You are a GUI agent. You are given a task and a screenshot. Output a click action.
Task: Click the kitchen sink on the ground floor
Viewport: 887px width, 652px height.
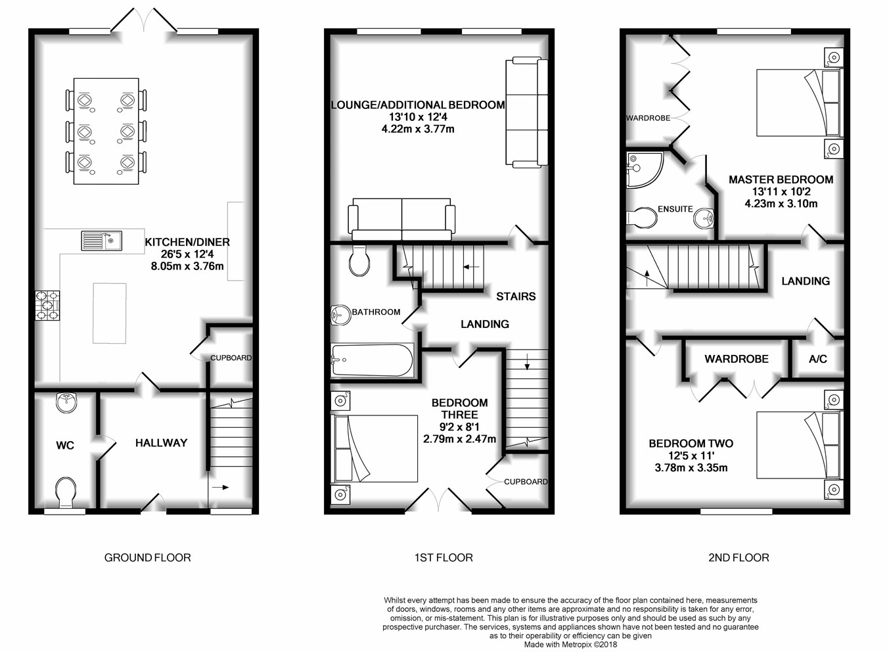click(101, 241)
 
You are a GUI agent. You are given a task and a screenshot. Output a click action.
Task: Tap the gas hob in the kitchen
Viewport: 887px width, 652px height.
click(47, 306)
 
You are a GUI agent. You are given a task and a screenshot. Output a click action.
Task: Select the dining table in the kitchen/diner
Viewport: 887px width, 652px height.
click(106, 131)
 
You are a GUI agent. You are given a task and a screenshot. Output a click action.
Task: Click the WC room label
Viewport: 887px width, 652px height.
click(65, 445)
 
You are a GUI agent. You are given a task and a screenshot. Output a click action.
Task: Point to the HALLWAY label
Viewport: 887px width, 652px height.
click(161, 443)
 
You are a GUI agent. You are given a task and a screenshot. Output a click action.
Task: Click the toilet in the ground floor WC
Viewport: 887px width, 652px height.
click(66, 492)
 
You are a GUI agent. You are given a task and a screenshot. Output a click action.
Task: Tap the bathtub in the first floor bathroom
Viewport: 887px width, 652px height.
click(373, 360)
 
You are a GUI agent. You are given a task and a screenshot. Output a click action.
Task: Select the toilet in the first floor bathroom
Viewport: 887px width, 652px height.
click(359, 260)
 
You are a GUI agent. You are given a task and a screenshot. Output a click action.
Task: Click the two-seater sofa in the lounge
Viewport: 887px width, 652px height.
click(401, 220)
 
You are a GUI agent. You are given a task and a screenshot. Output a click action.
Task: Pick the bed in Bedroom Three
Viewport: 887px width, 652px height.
click(375, 448)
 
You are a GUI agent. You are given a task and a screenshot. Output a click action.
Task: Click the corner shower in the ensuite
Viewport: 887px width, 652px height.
click(645, 170)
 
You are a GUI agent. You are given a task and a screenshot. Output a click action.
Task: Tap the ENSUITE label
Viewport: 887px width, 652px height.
click(675, 209)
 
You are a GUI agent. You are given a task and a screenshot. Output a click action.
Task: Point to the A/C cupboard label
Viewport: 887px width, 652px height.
click(818, 359)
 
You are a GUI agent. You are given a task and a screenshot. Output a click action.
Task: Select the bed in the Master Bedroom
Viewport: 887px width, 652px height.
click(800, 103)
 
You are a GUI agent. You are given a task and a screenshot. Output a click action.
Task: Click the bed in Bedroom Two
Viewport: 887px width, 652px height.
click(800, 445)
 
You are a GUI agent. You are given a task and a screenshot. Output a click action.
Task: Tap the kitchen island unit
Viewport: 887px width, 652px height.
click(110, 313)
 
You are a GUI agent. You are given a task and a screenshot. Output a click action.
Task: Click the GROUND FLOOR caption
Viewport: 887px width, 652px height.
click(147, 558)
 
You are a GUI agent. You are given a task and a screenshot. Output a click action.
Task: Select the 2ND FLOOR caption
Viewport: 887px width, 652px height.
click(739, 558)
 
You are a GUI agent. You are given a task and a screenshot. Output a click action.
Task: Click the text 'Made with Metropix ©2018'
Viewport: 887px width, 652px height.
click(570, 645)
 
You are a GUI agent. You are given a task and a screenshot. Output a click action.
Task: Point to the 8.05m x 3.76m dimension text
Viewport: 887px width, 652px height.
click(187, 266)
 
